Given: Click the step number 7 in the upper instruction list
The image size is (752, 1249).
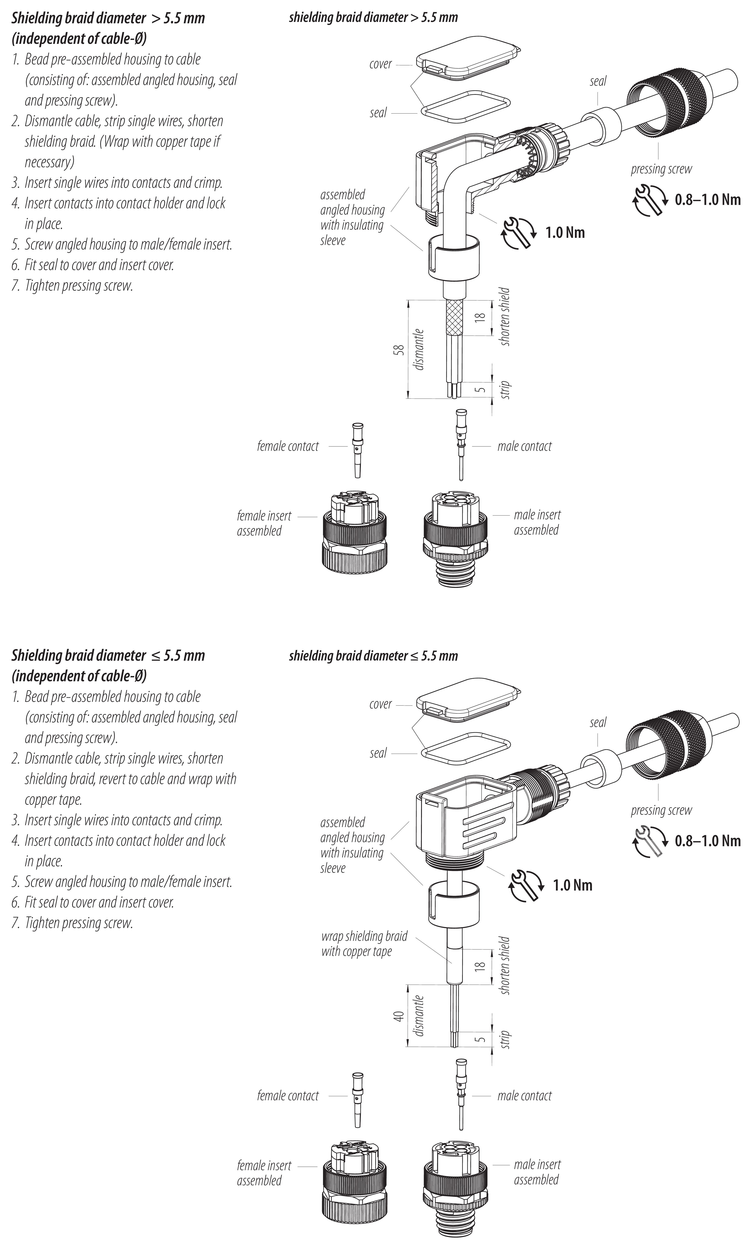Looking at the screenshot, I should [x=16, y=286].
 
